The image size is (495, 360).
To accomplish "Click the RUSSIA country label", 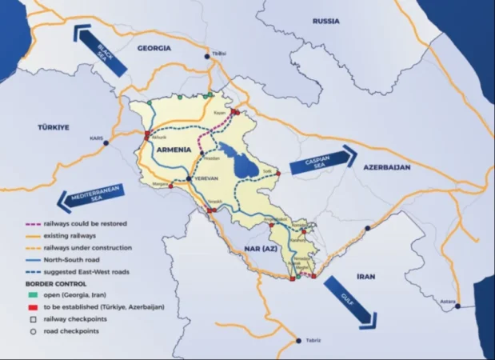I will (326, 21).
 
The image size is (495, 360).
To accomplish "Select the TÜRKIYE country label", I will (55, 127).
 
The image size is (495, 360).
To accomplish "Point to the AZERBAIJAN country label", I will (386, 168).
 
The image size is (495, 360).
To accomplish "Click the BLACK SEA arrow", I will (100, 50).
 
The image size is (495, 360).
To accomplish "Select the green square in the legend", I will (30, 294).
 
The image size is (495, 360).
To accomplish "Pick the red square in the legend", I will (30, 306).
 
